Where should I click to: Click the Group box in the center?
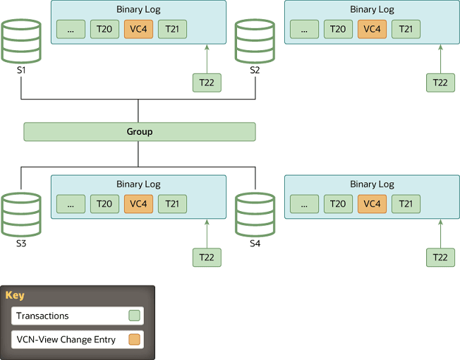pyautogui.click(x=139, y=132)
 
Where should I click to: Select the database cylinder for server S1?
pyautogui.click(x=20, y=42)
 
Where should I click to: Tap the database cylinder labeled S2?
pyautogui.click(x=255, y=42)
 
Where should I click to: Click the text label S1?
pyautogui.click(x=20, y=71)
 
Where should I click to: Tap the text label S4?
pyautogui.click(x=255, y=244)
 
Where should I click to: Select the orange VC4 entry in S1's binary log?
pyautogui.click(x=138, y=29)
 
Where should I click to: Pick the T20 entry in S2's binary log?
pyautogui.click(x=338, y=29)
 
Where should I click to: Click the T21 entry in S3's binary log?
pyautogui.click(x=172, y=204)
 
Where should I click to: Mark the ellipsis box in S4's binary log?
pyautogui.click(x=304, y=204)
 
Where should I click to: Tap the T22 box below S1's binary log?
pyautogui.click(x=207, y=83)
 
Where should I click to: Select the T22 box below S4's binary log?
pyautogui.click(x=440, y=258)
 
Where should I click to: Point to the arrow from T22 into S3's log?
pyautogui.click(x=207, y=233)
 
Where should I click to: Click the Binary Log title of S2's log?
pyautogui.click(x=372, y=10)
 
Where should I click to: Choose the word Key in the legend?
pyautogui.click(x=15, y=296)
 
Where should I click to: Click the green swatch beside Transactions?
pyautogui.click(x=134, y=316)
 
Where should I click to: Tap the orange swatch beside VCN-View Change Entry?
pyautogui.click(x=134, y=340)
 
